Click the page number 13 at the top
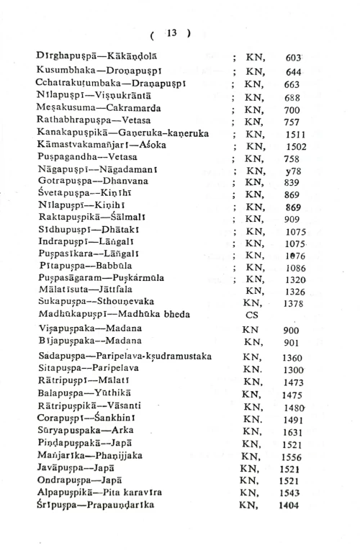tap(171, 32)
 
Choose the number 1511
tap(295, 134)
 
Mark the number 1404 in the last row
tap(291, 506)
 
